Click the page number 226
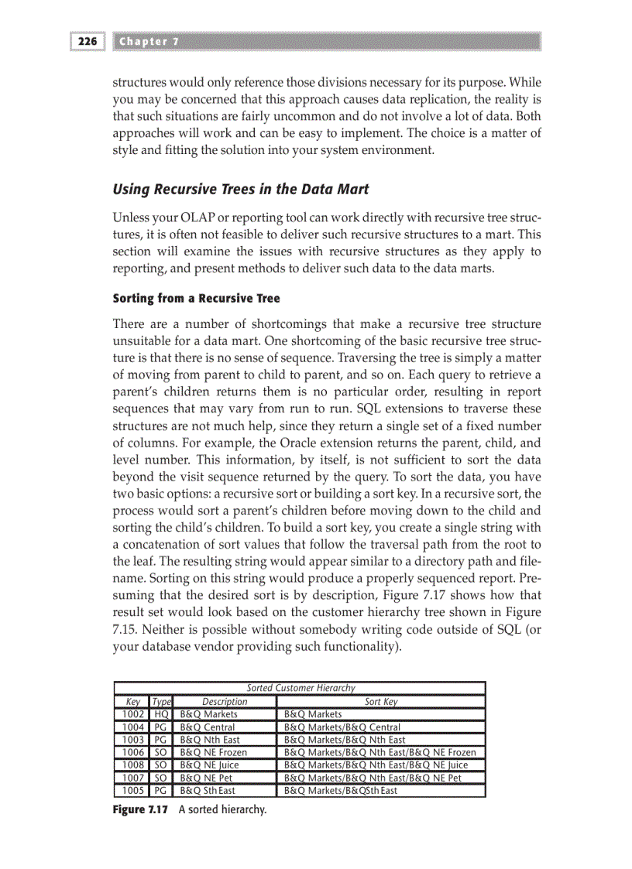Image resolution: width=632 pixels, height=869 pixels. point(87,42)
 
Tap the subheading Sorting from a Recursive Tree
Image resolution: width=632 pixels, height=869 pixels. point(197,298)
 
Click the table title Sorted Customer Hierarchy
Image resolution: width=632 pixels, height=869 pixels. point(301,688)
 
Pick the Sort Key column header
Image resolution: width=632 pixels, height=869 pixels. point(381,701)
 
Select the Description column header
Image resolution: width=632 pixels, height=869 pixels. point(225,701)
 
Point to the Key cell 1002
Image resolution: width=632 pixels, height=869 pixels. point(134,714)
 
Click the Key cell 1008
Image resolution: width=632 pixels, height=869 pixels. point(134,765)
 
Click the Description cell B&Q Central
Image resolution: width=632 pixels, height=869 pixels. point(208,727)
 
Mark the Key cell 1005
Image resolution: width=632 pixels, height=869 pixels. point(134,791)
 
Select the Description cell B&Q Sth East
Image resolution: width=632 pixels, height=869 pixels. point(208,791)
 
